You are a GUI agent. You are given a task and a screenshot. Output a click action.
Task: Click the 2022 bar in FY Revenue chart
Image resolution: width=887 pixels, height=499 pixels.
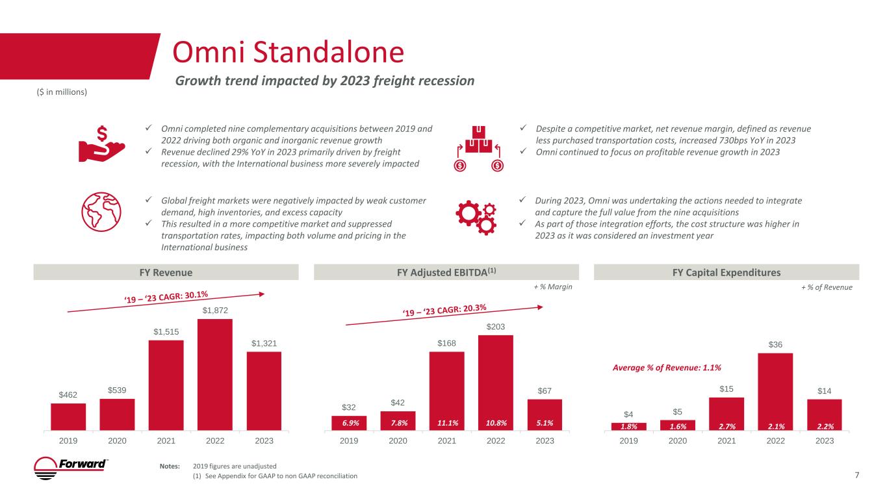coord(215,374)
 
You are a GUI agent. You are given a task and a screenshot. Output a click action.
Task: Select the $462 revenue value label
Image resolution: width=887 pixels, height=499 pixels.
coord(68,394)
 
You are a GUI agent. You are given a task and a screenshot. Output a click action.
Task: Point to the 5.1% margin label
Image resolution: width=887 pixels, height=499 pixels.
coord(545,424)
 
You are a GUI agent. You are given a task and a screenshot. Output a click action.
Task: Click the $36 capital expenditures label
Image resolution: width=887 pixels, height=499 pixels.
coord(775,344)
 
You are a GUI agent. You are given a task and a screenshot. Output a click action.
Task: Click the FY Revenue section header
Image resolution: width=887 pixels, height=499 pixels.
coord(167,272)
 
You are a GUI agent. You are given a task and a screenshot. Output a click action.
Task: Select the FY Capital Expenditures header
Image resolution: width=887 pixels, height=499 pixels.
coord(726,272)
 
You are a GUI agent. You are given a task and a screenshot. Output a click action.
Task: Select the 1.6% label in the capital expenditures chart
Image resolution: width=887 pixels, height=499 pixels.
coord(677,426)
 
